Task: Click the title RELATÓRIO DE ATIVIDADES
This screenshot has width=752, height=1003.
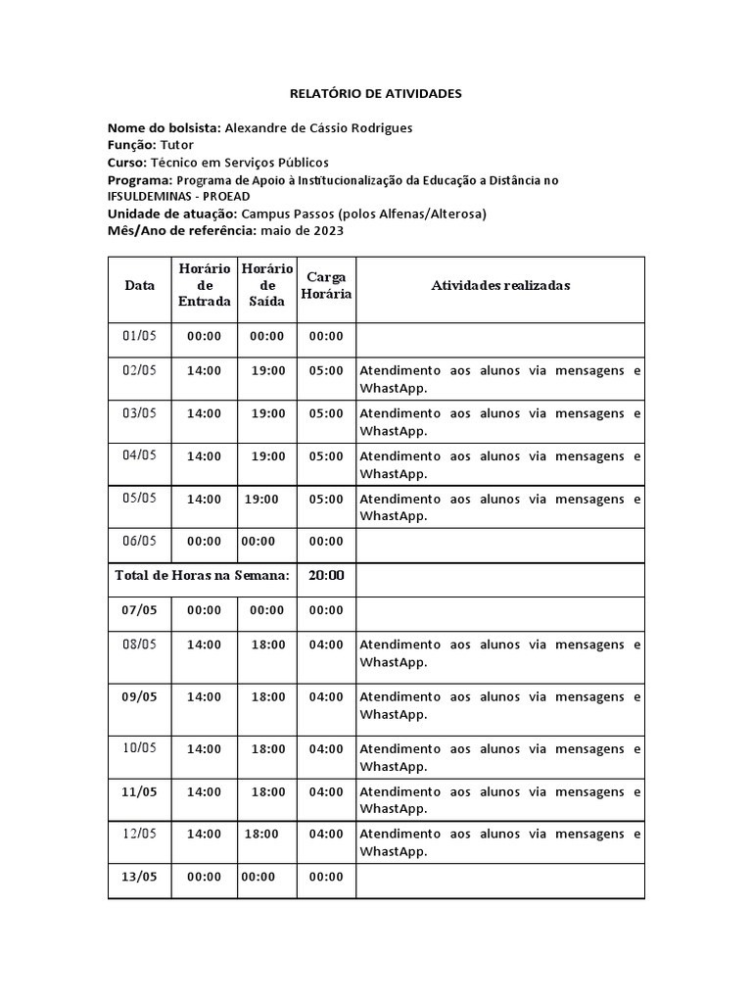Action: [375, 94]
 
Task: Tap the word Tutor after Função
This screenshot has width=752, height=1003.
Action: [177, 145]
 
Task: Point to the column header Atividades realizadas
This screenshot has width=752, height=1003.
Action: [500, 285]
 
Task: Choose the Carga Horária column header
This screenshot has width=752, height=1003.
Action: [326, 285]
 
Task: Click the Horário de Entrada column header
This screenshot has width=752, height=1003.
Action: [204, 285]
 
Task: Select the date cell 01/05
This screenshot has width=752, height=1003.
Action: [139, 337]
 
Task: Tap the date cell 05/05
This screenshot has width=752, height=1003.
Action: [139, 499]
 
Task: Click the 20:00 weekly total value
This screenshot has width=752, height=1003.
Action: [326, 576]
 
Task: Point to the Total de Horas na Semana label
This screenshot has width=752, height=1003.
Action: [202, 576]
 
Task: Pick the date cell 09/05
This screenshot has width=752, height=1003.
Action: [139, 697]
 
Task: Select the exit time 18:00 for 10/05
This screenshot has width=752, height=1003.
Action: [268, 748]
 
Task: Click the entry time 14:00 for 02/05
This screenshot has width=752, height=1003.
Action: [204, 371]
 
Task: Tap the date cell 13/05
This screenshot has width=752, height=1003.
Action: [139, 878]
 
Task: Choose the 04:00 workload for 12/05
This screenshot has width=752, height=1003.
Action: [326, 835]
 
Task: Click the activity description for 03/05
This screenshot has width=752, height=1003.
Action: [500, 422]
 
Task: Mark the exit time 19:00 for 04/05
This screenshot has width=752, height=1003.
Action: [268, 456]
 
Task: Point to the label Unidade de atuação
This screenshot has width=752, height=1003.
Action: [171, 215]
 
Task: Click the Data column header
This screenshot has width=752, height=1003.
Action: [139, 285]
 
